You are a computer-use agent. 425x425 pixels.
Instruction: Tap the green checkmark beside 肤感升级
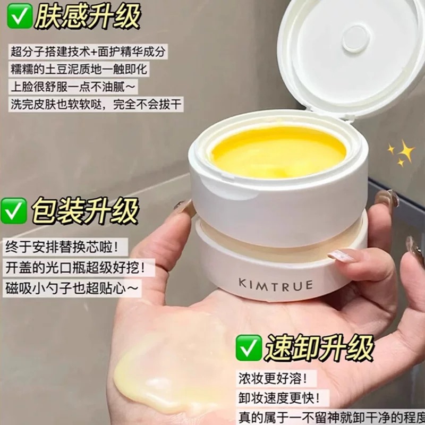20,16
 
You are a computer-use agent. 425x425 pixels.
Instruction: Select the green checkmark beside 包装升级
14,210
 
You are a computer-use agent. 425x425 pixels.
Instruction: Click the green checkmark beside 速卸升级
249,347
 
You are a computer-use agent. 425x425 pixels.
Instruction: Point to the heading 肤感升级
87,16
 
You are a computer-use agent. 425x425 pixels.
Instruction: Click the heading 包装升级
85,210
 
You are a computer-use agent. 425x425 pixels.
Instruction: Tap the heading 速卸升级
320,347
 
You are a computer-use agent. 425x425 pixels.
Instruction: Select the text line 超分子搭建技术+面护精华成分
88,52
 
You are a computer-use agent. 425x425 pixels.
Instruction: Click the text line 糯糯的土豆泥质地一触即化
79,69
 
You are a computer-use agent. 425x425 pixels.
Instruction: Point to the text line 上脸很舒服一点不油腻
73,87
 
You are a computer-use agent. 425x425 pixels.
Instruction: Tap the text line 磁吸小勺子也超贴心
72,288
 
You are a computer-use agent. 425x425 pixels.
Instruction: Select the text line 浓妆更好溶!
274,378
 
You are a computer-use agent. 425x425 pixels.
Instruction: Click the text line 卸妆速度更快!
279,398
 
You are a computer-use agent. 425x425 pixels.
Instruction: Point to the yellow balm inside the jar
278,152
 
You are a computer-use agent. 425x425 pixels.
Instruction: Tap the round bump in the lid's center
356,38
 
